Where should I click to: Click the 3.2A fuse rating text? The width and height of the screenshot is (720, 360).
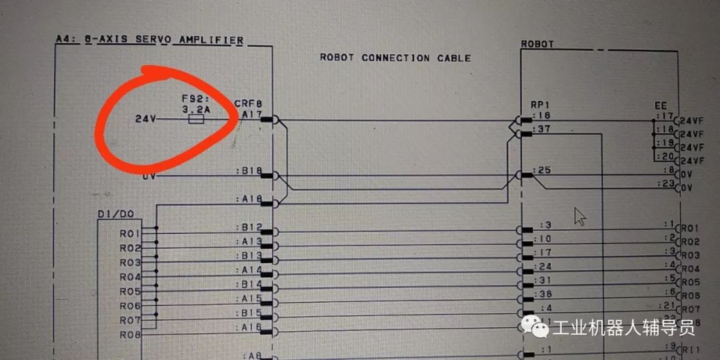pos(197,109)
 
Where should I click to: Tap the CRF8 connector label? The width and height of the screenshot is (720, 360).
pos(248,104)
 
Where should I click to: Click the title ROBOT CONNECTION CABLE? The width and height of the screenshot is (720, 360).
pos(395,58)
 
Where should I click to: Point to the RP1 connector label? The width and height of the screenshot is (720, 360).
pos(539,105)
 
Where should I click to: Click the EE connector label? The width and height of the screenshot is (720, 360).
pos(661,105)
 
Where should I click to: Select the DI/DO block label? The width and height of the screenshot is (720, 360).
pos(116,213)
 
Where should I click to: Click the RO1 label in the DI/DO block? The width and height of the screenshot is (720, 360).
pos(129,234)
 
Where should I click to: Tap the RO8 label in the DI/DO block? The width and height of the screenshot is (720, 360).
pos(129,335)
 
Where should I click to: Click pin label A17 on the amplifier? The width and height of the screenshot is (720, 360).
pos(251,115)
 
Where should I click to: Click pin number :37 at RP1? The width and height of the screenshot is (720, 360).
pos(543,129)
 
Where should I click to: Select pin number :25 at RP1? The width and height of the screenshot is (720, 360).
pos(543,171)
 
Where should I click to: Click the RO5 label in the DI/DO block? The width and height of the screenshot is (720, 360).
pos(129,291)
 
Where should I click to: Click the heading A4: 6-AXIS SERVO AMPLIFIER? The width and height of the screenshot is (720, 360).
pos(149,40)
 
